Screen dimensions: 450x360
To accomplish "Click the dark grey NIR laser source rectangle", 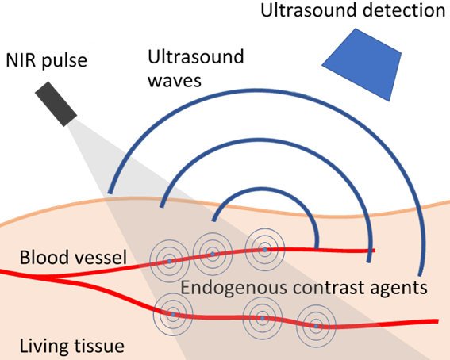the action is click(x=56, y=104).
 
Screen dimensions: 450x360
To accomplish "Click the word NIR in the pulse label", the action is click(x=21, y=60).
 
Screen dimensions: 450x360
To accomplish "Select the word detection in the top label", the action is click(x=404, y=10).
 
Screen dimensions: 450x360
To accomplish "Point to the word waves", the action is click(x=175, y=81).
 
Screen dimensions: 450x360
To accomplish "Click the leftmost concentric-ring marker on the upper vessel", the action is click(x=170, y=261).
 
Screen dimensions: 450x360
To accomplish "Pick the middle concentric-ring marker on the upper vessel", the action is click(x=213, y=254).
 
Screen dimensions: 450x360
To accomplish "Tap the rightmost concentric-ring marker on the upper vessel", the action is click(x=265, y=250).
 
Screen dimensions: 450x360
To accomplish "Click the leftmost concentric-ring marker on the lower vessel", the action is click(x=173, y=315).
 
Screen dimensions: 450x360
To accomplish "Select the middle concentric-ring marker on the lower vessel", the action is click(x=263, y=318).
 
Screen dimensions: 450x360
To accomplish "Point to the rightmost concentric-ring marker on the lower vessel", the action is click(x=316, y=326).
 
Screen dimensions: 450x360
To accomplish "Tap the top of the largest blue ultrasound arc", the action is click(x=265, y=91).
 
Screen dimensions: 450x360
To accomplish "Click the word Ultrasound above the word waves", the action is click(x=196, y=56).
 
